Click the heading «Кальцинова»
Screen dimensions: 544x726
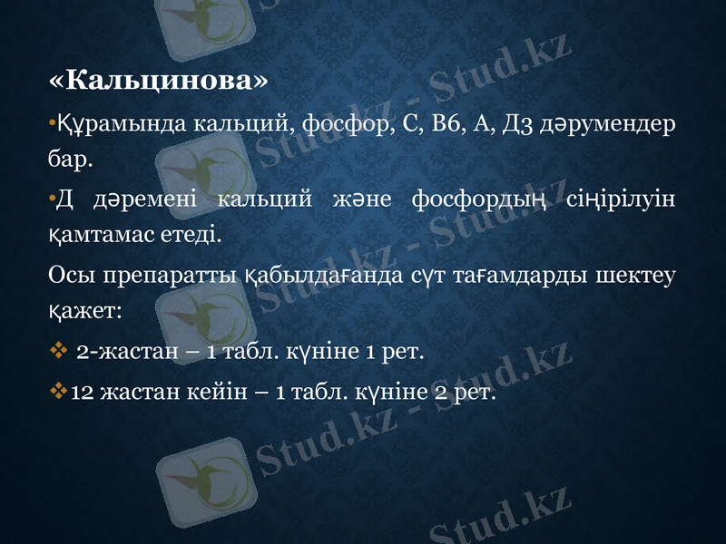(x=158, y=83)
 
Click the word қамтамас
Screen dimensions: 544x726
(x=95, y=235)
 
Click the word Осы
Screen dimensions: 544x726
(x=72, y=273)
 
